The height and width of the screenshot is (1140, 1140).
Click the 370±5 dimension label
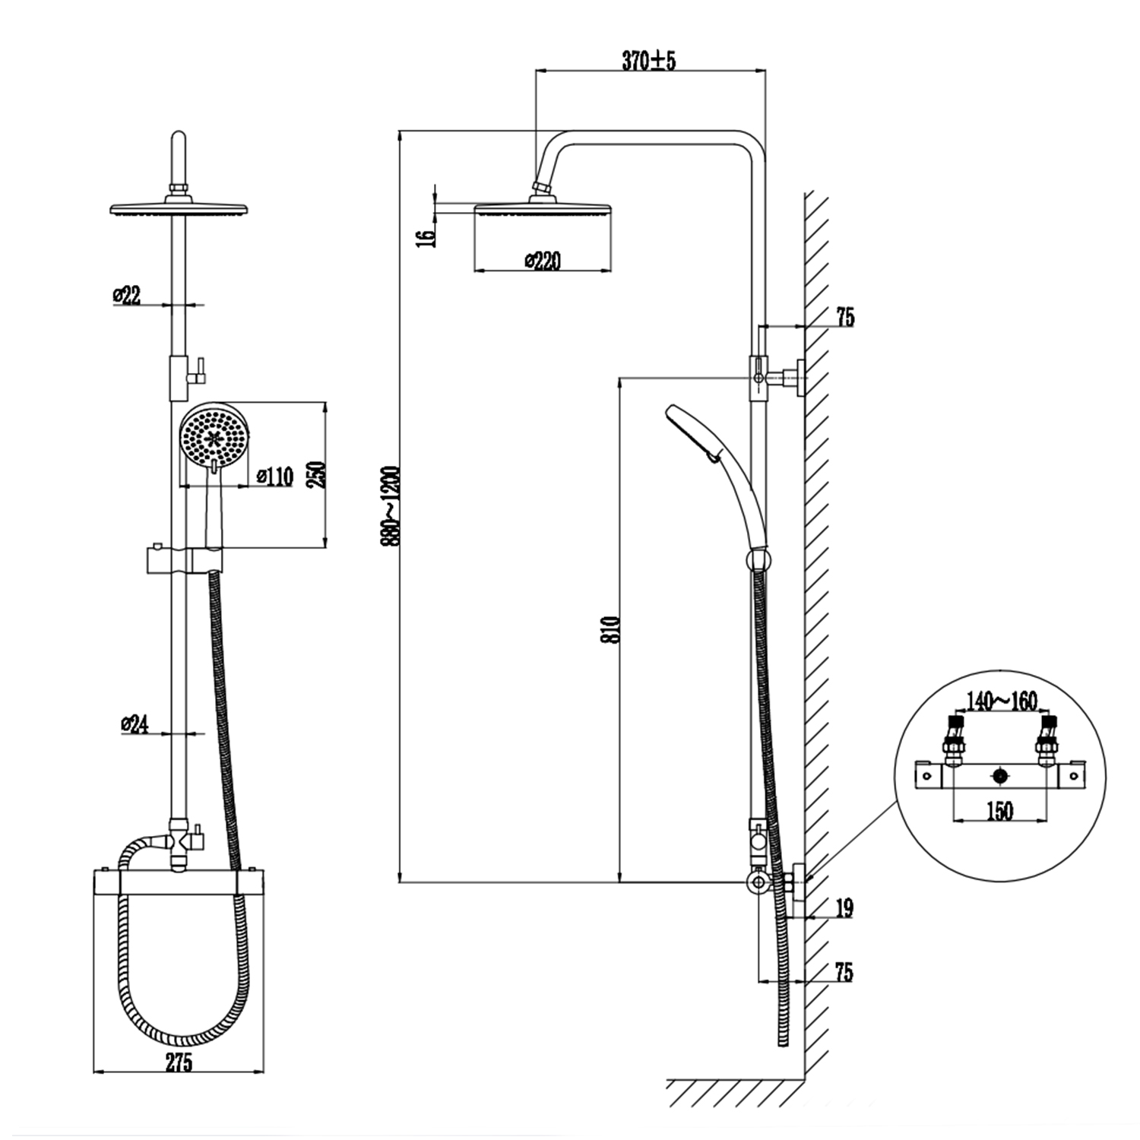pos(648,62)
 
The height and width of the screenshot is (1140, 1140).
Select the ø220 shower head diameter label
pos(543,261)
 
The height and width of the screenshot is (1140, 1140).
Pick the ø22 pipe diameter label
pos(127,295)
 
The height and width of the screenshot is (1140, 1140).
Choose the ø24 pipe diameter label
pos(134,725)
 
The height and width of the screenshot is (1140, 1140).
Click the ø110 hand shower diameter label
pos(274,477)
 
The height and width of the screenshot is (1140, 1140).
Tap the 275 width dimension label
pos(179,1063)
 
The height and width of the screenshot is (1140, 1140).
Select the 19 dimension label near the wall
pos(844,907)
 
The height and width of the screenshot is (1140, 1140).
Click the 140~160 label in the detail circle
pos(1001,701)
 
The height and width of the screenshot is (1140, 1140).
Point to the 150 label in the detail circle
pos(999,811)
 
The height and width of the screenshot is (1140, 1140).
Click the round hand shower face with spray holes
pos(214,439)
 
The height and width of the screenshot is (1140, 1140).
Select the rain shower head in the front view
pos(179,209)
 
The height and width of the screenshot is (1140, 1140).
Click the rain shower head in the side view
pos(543,208)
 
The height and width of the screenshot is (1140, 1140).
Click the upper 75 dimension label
pos(845,317)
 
